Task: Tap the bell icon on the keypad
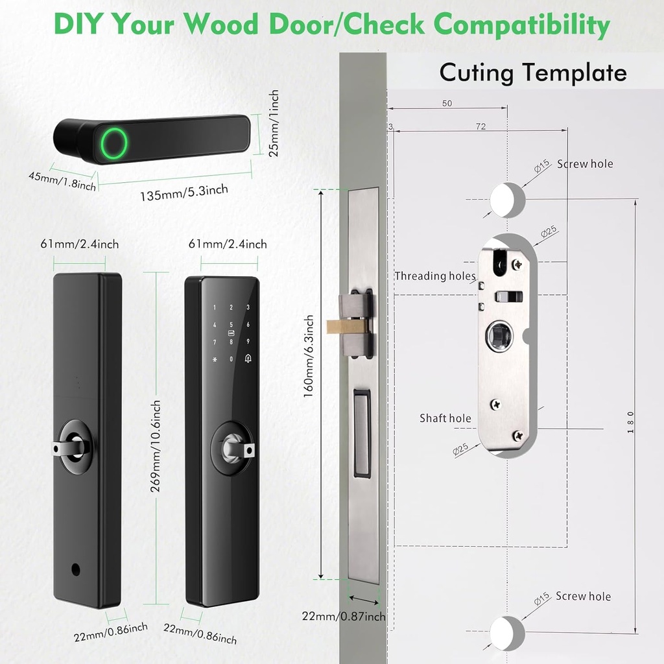pyautogui.click(x=248, y=358)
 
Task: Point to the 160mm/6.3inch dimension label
pyautogui.click(x=310, y=357)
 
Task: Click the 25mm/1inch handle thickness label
pyautogui.click(x=274, y=123)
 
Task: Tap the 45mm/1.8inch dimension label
pyautogui.click(x=62, y=181)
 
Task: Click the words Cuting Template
pyautogui.click(x=533, y=72)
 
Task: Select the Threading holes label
pyautogui.click(x=435, y=276)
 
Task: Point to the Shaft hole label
pyautogui.click(x=445, y=418)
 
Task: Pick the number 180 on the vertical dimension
pyautogui.click(x=631, y=423)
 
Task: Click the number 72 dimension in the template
pyautogui.click(x=480, y=126)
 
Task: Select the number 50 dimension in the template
pyautogui.click(x=447, y=103)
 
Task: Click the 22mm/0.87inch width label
pyautogui.click(x=344, y=617)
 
